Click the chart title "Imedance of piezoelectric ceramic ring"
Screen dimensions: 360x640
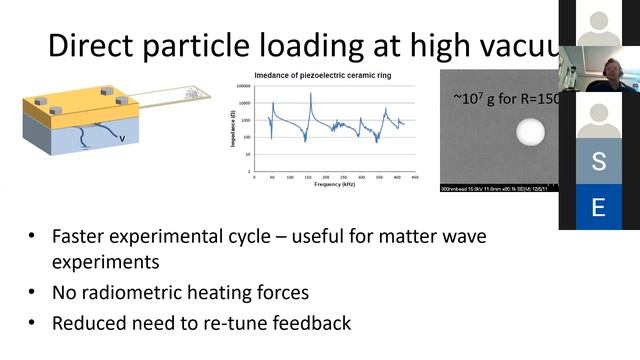pyautogui.click(x=327, y=76)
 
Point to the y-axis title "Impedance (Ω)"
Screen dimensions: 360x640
pyautogui.click(x=233, y=130)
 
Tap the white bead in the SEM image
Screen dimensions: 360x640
pyautogui.click(x=529, y=131)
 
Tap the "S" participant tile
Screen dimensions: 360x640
pyautogui.click(x=598, y=161)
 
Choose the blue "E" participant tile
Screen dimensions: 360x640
pyautogui.click(x=598, y=208)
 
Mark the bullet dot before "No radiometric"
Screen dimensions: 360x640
pyautogui.click(x=33, y=294)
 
